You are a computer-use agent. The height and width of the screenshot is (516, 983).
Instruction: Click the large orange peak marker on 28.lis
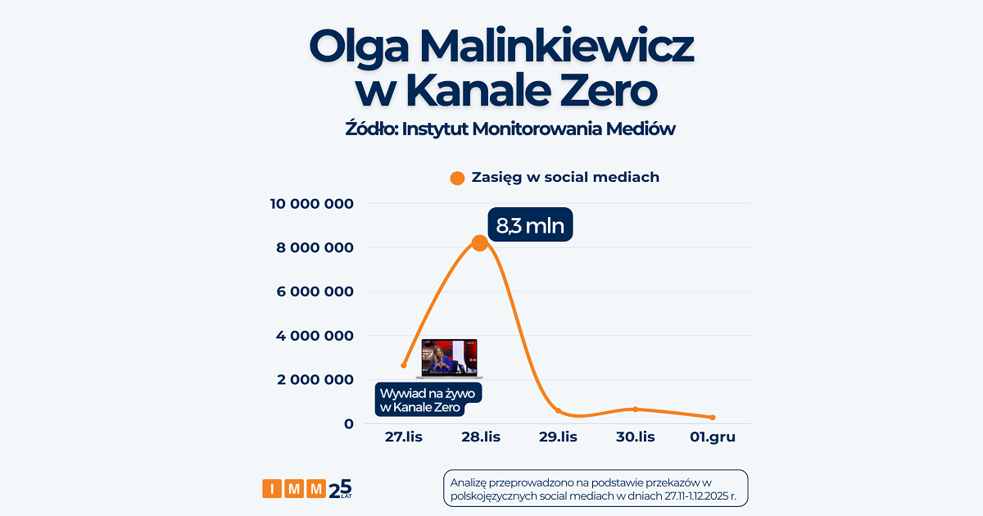pos(480,242)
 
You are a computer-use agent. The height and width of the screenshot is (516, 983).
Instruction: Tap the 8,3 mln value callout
pos(530,225)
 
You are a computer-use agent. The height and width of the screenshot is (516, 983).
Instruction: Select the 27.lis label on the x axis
pos(404,437)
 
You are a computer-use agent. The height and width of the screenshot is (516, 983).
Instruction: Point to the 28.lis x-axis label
pos(480,437)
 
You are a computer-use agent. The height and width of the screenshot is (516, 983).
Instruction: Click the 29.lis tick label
pos(557,437)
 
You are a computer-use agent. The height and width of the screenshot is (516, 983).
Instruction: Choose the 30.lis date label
pos(635,437)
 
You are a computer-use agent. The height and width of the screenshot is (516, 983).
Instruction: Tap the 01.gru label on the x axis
pos(712,437)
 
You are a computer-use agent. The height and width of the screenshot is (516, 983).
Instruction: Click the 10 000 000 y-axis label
pos(312,204)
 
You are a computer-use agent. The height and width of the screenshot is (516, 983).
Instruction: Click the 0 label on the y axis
pos(348,423)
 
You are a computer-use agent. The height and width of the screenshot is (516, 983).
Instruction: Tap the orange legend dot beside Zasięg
pos(458,178)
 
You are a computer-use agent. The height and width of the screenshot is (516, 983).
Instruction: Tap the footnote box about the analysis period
pos(595,489)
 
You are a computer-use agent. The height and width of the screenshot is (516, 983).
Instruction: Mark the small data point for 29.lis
pos(558,410)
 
